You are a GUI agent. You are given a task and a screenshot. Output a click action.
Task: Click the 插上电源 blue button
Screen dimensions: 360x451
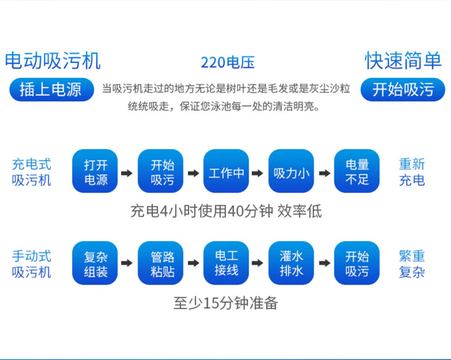[51, 90]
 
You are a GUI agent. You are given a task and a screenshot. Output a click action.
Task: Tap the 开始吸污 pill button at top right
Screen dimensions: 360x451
[403, 90]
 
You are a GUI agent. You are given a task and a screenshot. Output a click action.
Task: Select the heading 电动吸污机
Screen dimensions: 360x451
[53, 60]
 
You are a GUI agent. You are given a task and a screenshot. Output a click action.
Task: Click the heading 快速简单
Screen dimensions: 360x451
[403, 60]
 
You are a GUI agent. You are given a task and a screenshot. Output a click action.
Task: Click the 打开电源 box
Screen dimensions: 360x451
[95, 172]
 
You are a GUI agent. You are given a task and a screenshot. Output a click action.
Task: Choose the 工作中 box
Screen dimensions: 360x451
[227, 172]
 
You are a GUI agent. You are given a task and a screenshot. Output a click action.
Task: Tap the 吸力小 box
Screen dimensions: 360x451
[292, 172]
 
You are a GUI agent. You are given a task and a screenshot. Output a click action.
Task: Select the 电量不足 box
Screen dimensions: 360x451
[357, 172]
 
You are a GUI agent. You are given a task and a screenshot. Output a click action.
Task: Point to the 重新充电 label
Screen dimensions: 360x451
[412, 172]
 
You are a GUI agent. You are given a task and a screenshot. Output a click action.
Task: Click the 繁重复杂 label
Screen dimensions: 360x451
[412, 264]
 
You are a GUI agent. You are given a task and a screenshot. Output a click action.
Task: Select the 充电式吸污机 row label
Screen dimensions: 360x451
[32, 172]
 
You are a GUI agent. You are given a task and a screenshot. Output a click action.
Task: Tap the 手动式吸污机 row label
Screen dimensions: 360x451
[32, 264]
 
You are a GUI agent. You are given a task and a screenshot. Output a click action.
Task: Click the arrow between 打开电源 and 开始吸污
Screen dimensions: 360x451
[128, 172]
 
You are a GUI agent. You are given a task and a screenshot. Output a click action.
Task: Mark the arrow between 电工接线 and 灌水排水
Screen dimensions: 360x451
[259, 264]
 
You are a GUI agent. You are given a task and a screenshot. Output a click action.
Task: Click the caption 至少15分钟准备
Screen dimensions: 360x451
[226, 303]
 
